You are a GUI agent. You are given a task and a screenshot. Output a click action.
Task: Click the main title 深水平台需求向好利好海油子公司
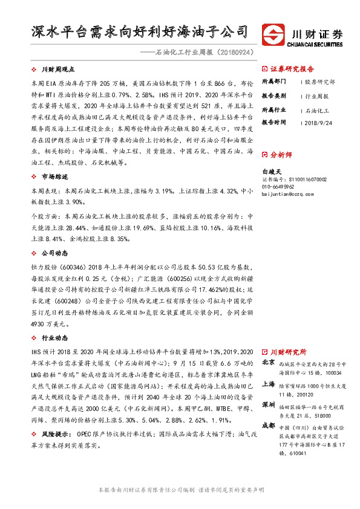(140, 31)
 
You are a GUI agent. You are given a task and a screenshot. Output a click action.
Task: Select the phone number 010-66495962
(281, 187)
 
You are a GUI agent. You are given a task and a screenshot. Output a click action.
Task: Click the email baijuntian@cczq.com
(287, 194)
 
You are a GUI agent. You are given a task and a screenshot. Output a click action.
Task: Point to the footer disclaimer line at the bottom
(180, 490)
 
